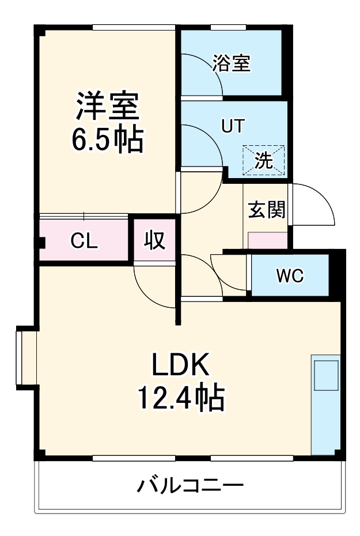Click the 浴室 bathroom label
click(x=232, y=63)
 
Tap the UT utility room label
click(x=234, y=126)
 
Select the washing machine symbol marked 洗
click(x=263, y=160)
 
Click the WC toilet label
click(x=289, y=276)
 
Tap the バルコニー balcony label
click(x=190, y=486)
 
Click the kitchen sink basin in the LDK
click(x=326, y=376)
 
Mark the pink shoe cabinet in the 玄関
click(x=267, y=240)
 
